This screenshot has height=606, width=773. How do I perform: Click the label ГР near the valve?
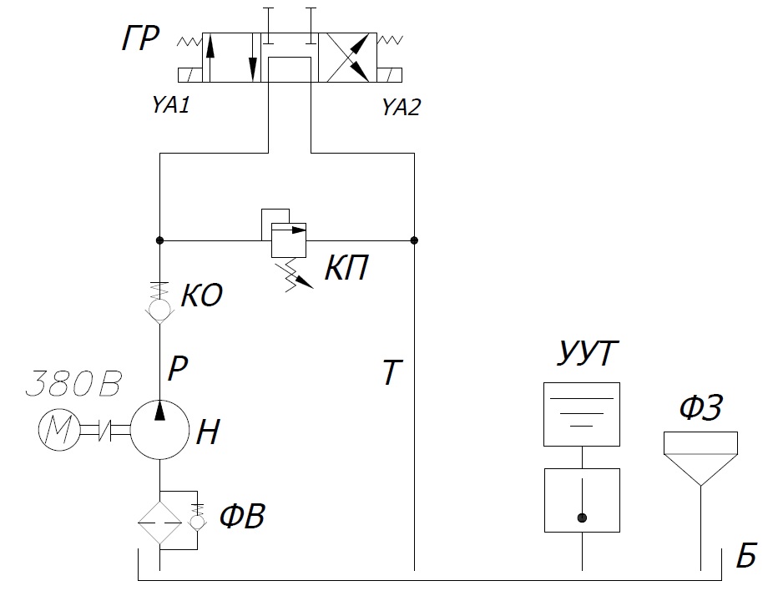click(139, 38)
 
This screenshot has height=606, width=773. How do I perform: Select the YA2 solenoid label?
click(400, 107)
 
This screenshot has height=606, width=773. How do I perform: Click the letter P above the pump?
click(177, 368)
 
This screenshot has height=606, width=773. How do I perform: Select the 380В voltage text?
click(73, 385)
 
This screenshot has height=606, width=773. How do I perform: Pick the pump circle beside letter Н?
click(159, 430)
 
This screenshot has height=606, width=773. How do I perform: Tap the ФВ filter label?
click(242, 518)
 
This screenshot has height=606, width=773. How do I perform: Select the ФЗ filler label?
click(700, 409)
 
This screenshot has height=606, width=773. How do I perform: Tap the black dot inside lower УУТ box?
click(582, 518)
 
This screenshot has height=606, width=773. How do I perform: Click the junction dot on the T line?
click(415, 240)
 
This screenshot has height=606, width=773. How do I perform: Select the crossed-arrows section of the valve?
click(349, 58)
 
